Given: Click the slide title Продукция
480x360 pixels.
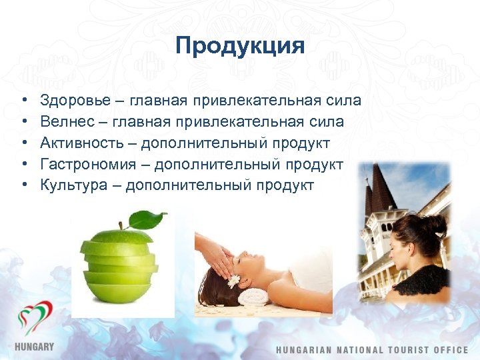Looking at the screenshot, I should (240, 46).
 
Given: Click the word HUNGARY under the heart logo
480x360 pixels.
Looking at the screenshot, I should (34, 347).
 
